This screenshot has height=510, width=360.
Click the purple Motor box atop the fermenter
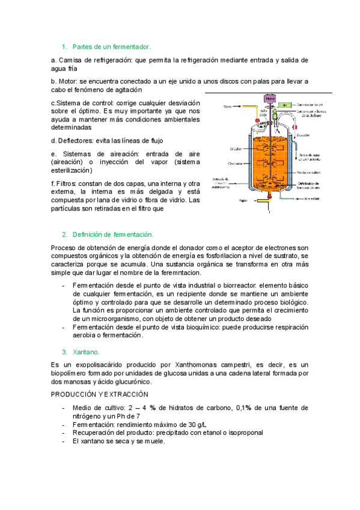(x=270, y=98)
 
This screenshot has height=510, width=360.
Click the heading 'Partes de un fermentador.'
(x=112, y=46)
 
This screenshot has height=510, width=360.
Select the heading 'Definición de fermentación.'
(x=113, y=234)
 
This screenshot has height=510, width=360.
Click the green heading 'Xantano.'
(x=86, y=351)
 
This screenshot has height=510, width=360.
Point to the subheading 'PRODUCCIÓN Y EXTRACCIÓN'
(x=99, y=394)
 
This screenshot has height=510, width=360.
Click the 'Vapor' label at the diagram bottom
(x=243, y=201)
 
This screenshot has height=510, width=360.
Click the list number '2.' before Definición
(x=64, y=234)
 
